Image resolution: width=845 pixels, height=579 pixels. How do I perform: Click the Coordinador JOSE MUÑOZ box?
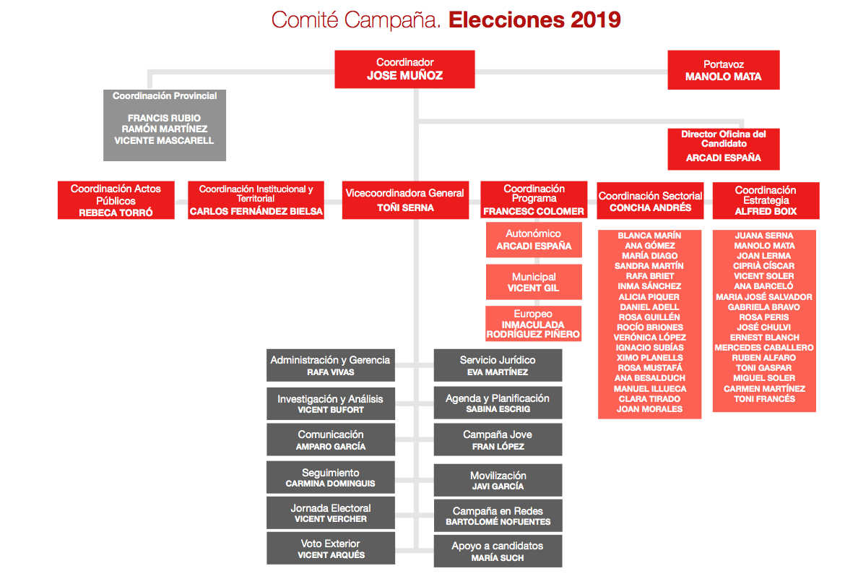pyautogui.click(x=404, y=69)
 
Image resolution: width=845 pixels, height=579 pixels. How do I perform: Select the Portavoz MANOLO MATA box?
pyautogui.click(x=723, y=70)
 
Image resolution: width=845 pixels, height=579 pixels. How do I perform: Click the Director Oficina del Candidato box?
pyautogui.click(x=723, y=149)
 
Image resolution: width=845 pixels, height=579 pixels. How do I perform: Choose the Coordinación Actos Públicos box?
pyautogui.click(x=116, y=200)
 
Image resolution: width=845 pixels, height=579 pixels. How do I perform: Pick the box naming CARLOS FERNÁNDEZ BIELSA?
pyautogui.click(x=256, y=200)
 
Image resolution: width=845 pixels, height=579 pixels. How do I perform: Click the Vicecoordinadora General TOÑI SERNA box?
pyautogui.click(x=404, y=200)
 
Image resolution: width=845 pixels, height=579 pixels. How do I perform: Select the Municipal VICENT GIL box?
pyautogui.click(x=533, y=282)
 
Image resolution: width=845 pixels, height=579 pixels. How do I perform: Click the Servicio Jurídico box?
pyautogui.click(x=498, y=366)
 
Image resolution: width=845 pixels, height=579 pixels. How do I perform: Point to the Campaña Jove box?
pyautogui.click(x=498, y=440)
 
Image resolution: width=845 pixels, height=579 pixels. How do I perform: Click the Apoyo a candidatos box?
pyautogui.click(x=498, y=552)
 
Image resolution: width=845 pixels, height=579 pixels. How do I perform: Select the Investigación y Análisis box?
pyautogui.click(x=331, y=404)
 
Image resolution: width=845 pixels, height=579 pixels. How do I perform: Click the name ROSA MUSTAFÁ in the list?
pyautogui.click(x=649, y=368)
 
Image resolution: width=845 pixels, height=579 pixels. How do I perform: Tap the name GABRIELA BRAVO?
pyautogui.click(x=764, y=307)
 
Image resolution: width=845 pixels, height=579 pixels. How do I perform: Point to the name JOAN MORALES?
pyautogui.click(x=649, y=409)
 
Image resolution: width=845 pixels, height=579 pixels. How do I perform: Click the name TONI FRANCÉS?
pyautogui.click(x=764, y=399)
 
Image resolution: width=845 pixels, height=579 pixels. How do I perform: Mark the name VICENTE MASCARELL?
pyautogui.click(x=164, y=140)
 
